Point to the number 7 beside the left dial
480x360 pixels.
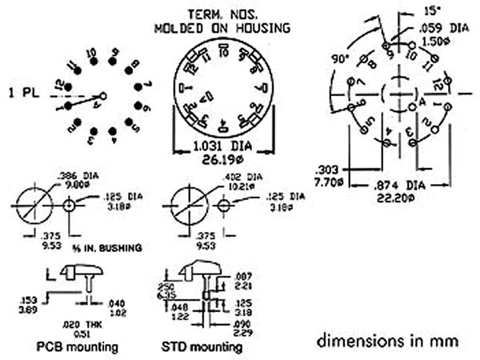(149, 85)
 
